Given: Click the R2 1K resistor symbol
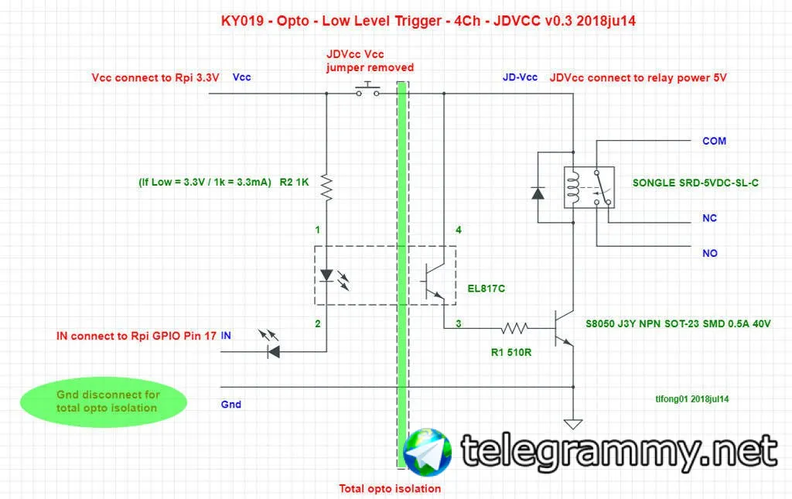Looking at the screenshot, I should click(x=326, y=186).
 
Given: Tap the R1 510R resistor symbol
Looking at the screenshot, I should click(x=515, y=327).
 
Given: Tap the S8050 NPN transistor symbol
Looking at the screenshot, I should click(x=565, y=328).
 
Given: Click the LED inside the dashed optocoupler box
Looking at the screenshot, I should click(x=327, y=275).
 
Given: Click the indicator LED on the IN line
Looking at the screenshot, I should click(x=271, y=351).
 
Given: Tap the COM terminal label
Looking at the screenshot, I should click(x=714, y=142).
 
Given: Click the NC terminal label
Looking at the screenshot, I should click(x=709, y=218).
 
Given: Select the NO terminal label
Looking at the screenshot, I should click(x=709, y=253).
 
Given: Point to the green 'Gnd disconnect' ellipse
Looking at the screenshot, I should click(x=104, y=401).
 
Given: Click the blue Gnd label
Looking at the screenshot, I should click(x=230, y=405).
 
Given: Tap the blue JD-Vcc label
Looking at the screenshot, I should click(x=520, y=77).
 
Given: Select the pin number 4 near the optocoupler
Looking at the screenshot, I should click(x=459, y=230).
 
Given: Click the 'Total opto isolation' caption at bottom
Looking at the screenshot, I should click(x=390, y=488).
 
